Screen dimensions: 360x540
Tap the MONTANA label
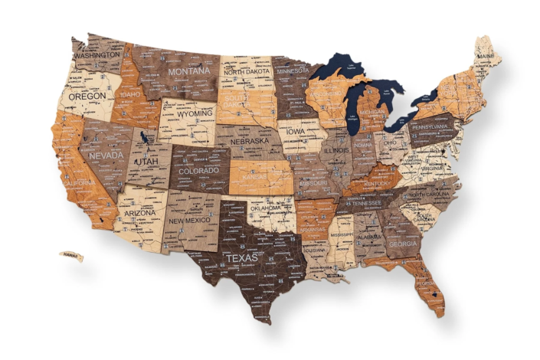pyautogui.click(x=188, y=71)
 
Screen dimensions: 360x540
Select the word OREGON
pyautogui.click(x=87, y=97)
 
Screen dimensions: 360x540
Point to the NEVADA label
pyautogui.click(x=106, y=155)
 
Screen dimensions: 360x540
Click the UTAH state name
pyautogui.click(x=148, y=162)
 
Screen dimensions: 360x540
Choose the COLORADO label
pyautogui.click(x=198, y=171)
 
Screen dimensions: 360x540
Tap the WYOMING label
pyautogui.click(x=195, y=113)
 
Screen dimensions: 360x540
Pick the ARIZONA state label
pyautogui.click(x=140, y=213)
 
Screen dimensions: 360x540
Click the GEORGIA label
pyautogui.click(x=403, y=244)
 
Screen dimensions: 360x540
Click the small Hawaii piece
pyautogui.click(x=71, y=257)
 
